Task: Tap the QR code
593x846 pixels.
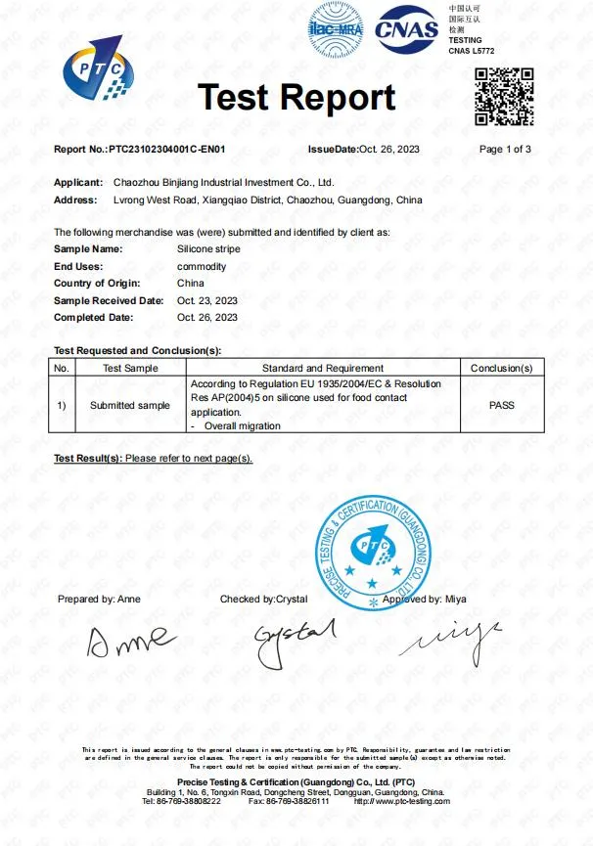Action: pyautogui.click(x=503, y=96)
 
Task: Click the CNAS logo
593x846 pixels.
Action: pyautogui.click(x=408, y=28)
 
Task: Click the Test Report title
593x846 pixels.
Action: pyautogui.click(x=296, y=97)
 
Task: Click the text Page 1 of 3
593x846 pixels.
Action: pyautogui.click(x=505, y=150)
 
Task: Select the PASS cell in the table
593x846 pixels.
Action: pyautogui.click(x=501, y=405)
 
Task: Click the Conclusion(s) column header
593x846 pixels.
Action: pyautogui.click(x=501, y=368)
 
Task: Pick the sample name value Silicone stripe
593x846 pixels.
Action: pyautogui.click(x=209, y=250)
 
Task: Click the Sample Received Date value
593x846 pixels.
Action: pyautogui.click(x=206, y=300)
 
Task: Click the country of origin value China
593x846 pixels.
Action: pyautogui.click(x=190, y=284)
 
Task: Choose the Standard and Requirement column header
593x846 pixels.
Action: pyautogui.click(x=323, y=368)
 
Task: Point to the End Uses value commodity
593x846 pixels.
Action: pyautogui.click(x=201, y=267)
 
